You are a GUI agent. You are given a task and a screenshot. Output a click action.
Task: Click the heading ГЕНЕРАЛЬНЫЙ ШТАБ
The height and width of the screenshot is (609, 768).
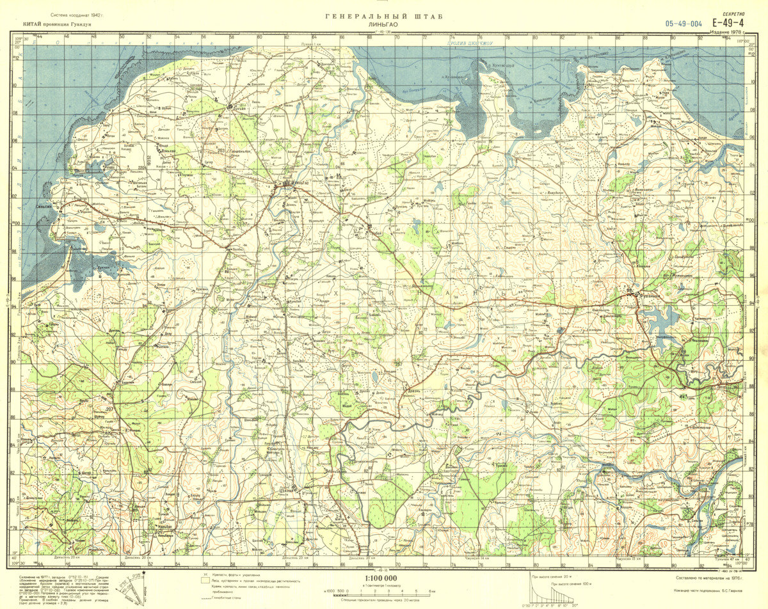coord(383,17)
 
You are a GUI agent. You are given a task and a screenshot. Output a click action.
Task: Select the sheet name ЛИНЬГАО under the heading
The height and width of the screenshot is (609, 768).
coord(383,24)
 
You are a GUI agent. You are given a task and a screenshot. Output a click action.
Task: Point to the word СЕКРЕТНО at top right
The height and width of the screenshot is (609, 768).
coord(733,13)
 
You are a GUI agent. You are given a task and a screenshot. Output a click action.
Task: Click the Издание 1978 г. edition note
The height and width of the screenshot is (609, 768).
coord(728,32)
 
